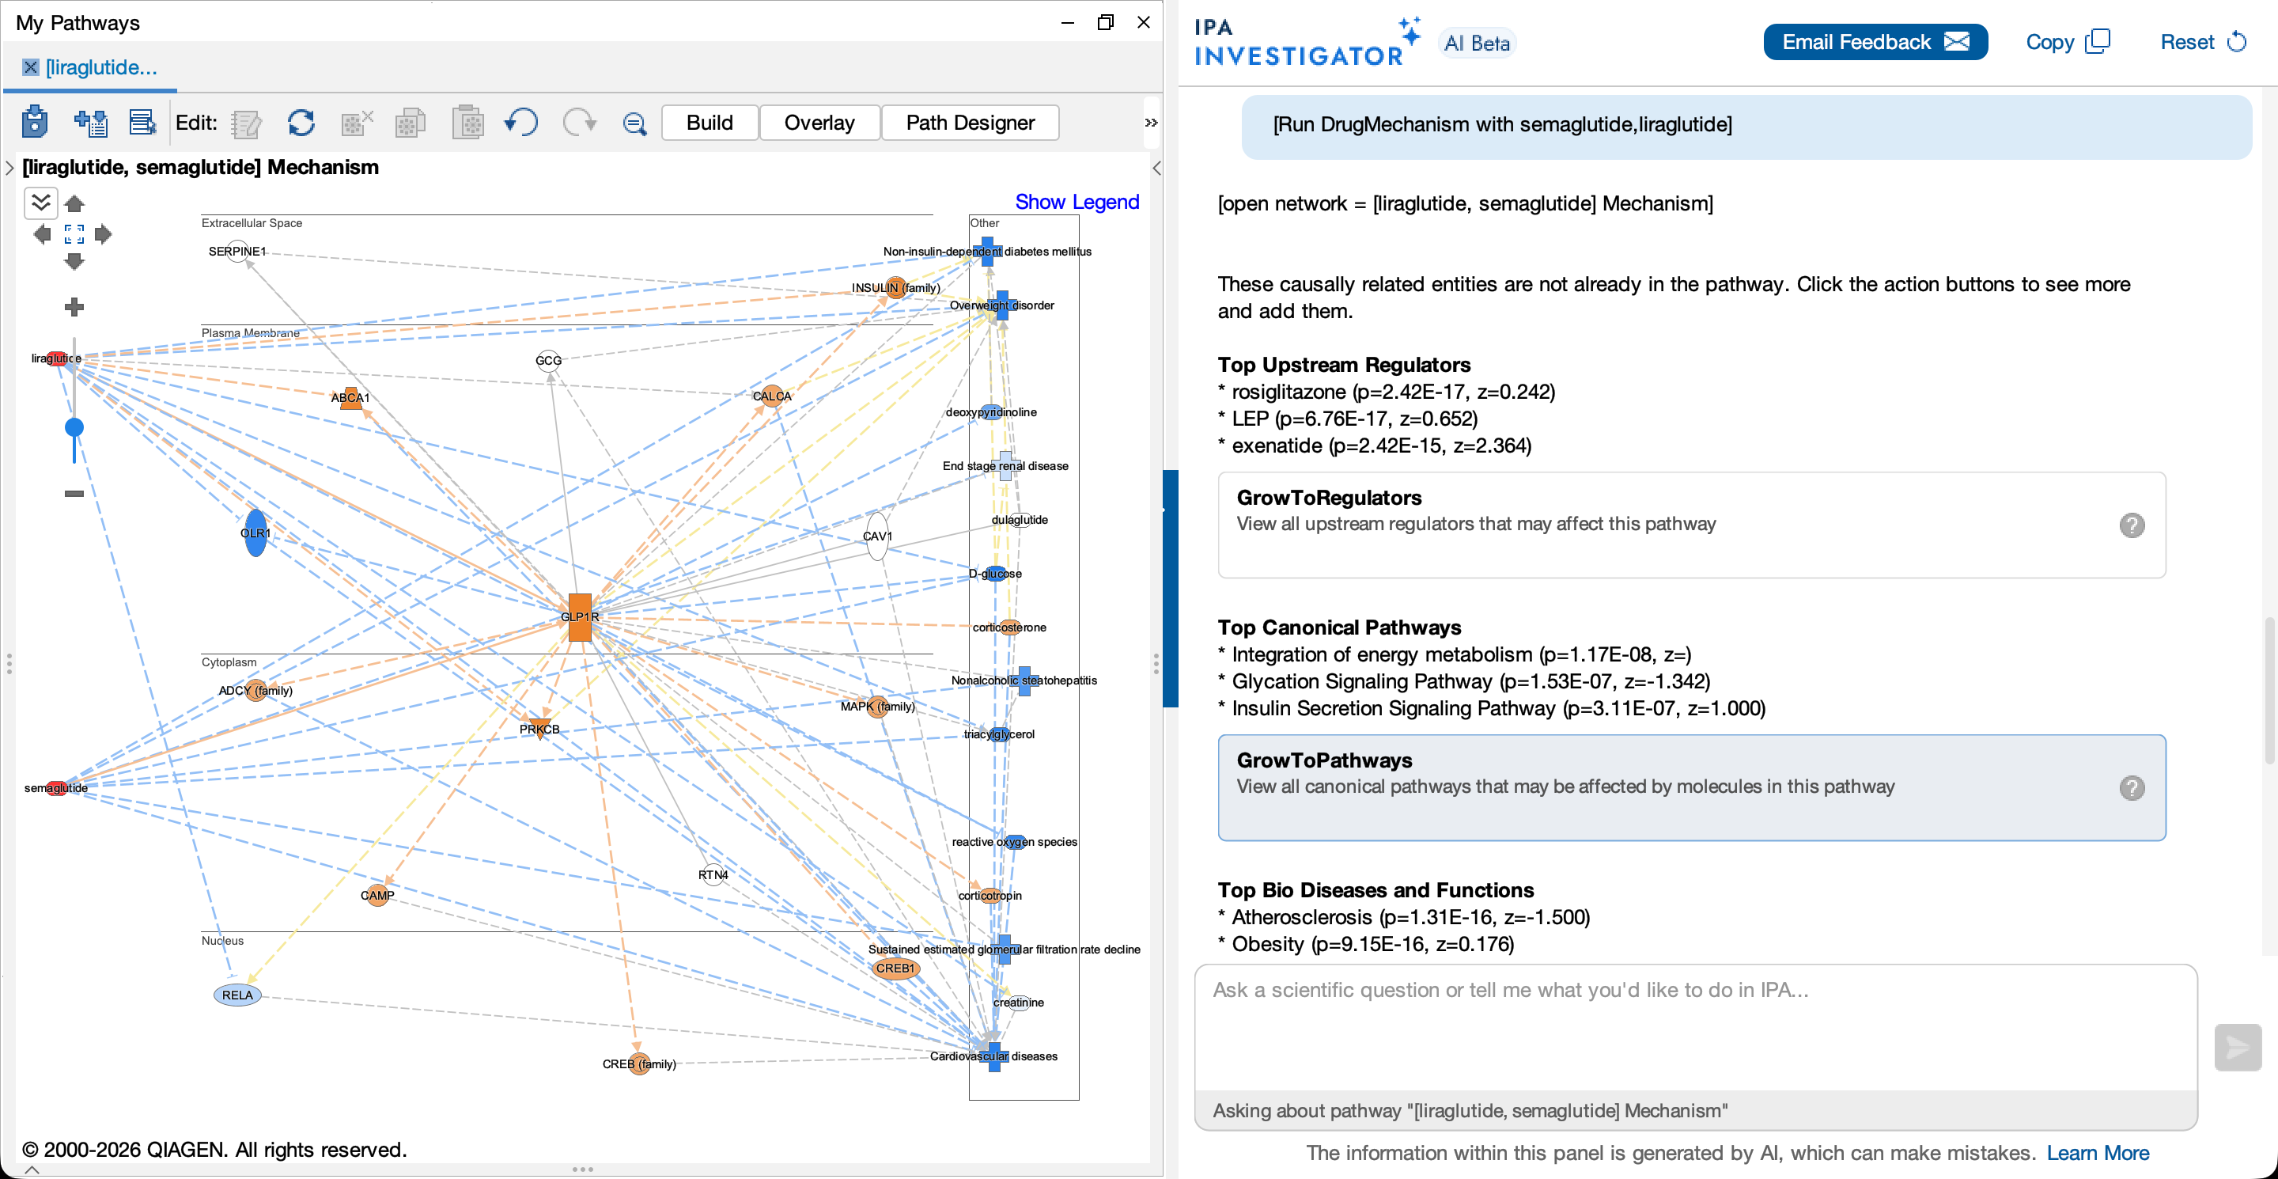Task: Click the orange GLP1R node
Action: (579, 616)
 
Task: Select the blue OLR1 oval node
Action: (255, 533)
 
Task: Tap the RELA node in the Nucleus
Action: (237, 995)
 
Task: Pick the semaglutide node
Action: (57, 788)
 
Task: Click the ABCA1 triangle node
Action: (351, 397)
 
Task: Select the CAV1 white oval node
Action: (876, 536)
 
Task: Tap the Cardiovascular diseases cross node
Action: (994, 1056)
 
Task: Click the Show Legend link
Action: (1077, 202)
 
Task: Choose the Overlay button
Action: (819, 123)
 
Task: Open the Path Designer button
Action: (970, 123)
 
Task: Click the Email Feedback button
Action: (1875, 43)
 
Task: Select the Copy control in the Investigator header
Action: (2068, 43)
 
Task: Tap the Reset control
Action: (2203, 43)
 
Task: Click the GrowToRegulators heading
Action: (1329, 498)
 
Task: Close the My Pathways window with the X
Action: (1144, 22)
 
